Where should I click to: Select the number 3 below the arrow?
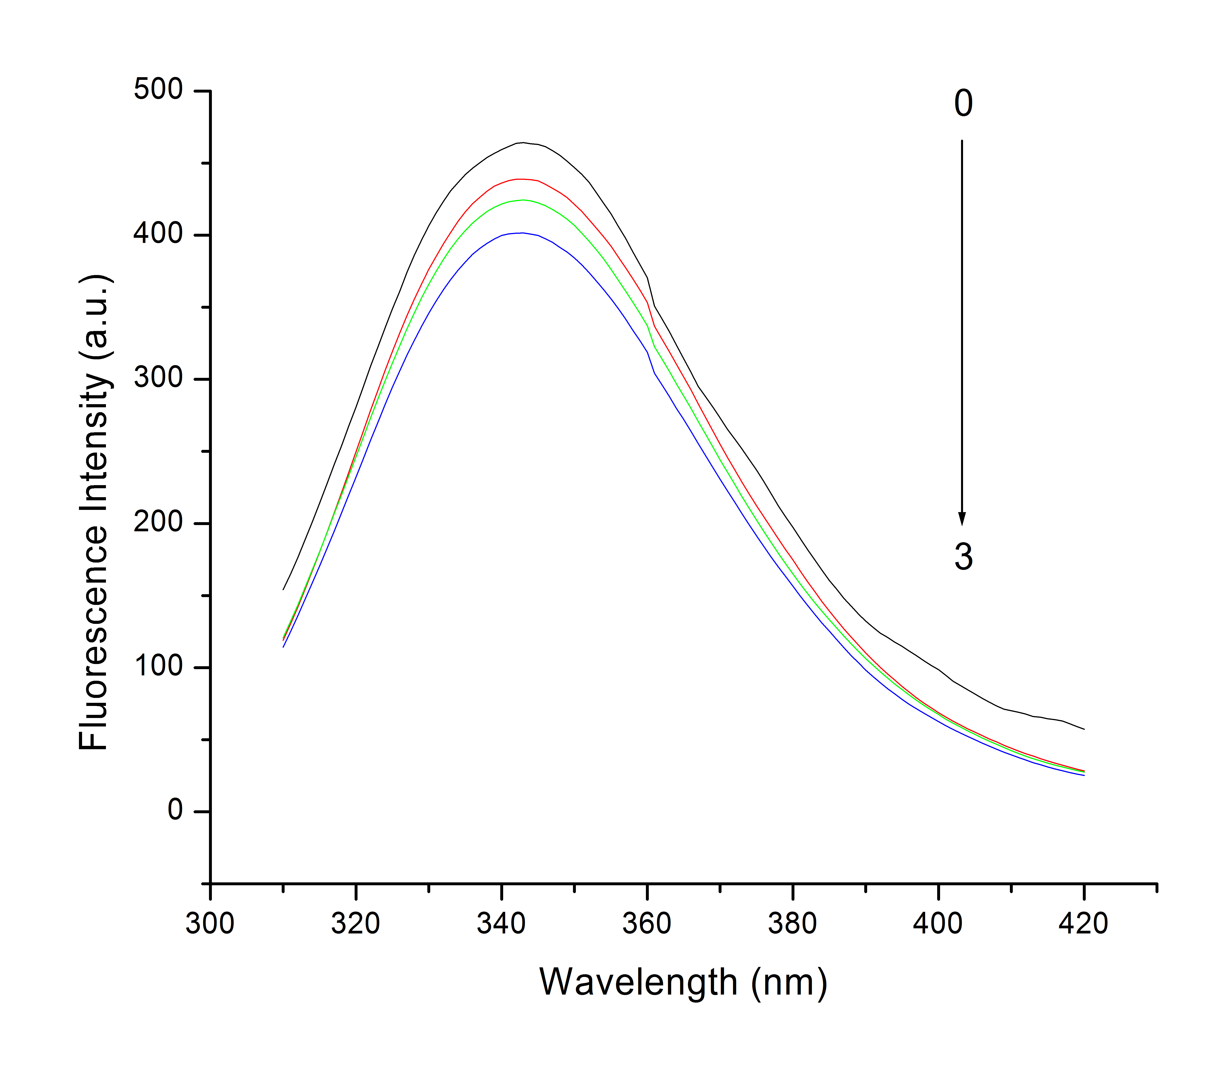tap(963, 557)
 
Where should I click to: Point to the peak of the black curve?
tap(523, 143)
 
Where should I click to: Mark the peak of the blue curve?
tap(523, 233)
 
